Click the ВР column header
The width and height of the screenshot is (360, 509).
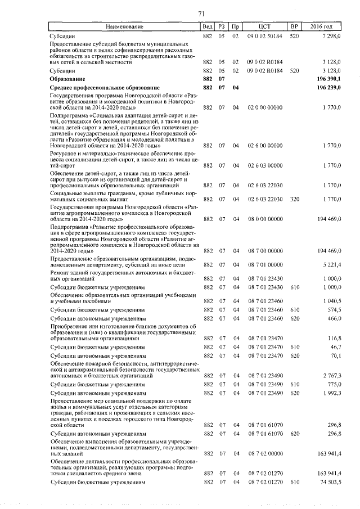[x=294, y=26]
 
